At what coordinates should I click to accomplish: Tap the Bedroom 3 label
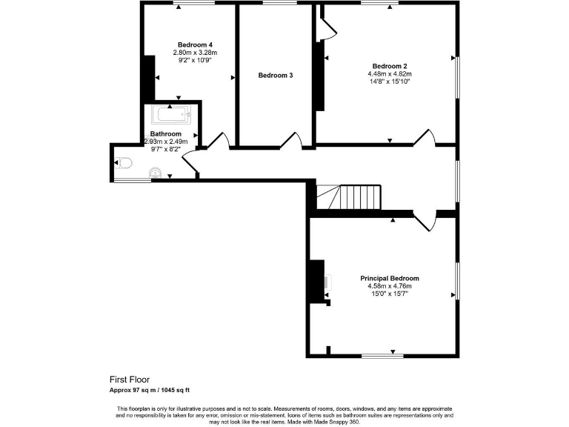click(x=276, y=75)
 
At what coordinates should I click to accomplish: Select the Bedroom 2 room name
click(x=390, y=65)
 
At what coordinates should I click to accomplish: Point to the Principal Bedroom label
click(x=390, y=278)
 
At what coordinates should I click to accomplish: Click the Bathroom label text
click(x=165, y=133)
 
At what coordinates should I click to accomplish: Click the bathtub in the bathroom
click(x=171, y=115)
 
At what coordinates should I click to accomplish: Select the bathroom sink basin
click(x=155, y=173)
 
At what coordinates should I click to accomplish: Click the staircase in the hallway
click(x=348, y=197)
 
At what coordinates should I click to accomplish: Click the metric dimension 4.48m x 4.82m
click(x=390, y=73)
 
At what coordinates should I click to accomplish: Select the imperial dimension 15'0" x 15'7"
click(x=390, y=294)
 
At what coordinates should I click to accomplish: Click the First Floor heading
click(x=130, y=378)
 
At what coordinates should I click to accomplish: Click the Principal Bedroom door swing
click(x=425, y=220)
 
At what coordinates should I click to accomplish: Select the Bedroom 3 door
click(x=292, y=140)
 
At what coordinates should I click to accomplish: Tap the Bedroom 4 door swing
click(x=218, y=140)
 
